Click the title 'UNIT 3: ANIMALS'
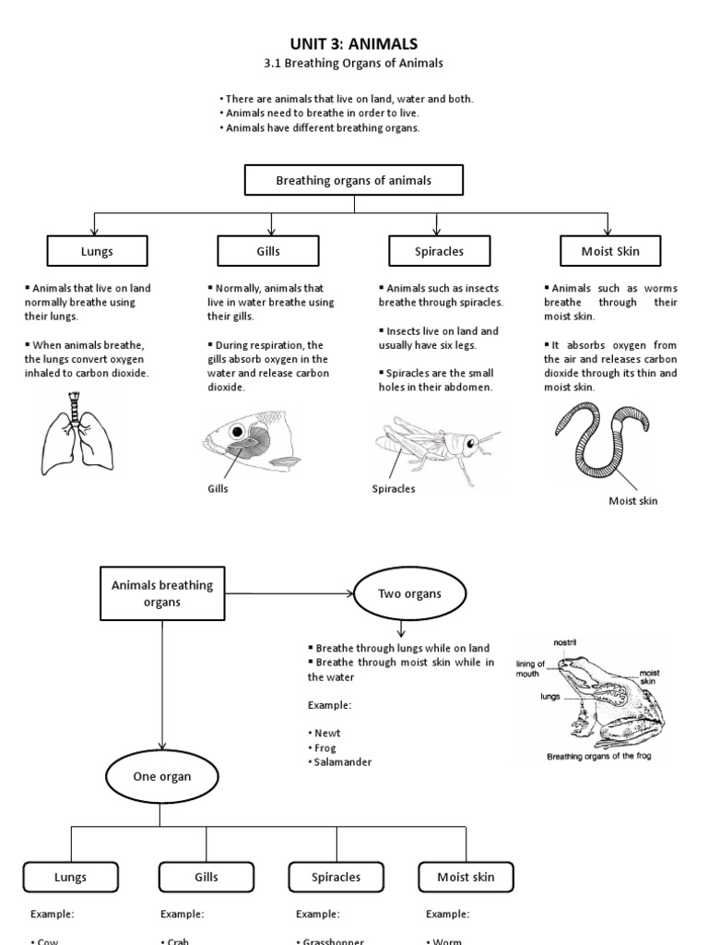coord(354,43)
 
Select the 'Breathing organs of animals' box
coord(354,181)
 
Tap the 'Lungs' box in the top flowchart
coord(98,251)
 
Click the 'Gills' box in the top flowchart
coord(268,251)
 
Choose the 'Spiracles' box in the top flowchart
coord(439,251)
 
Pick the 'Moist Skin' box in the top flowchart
coord(609,251)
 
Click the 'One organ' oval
coord(162,776)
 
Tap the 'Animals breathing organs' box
coord(162,592)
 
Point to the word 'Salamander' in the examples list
coord(343,762)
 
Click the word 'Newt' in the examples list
coord(328,733)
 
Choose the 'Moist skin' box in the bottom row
coord(466,877)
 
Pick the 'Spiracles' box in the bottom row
coord(336,877)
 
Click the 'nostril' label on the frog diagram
coord(565,641)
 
